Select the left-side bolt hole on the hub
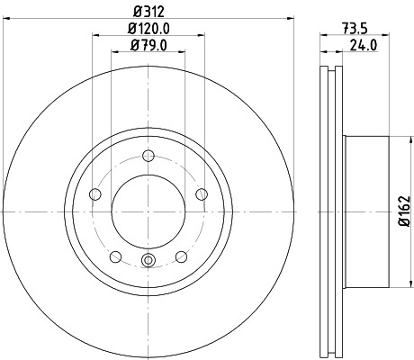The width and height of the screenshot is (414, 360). pos(94,194)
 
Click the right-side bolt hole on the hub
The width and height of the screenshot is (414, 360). pos(202,194)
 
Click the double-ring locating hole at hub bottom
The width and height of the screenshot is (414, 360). pos(148,262)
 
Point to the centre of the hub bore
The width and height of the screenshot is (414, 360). pos(148,211)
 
